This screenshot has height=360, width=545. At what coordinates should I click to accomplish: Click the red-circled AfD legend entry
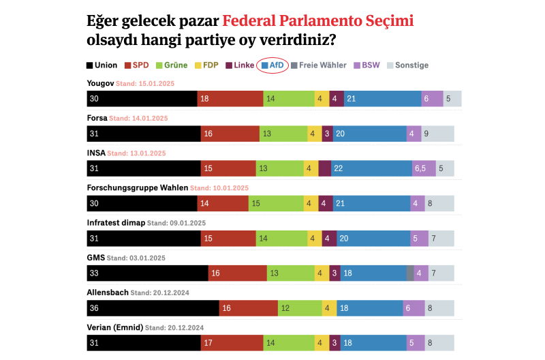(272, 65)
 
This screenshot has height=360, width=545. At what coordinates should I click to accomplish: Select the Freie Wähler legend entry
(318, 65)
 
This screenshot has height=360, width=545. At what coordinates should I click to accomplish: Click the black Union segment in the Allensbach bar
(153, 308)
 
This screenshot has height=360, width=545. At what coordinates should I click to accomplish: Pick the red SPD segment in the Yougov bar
(230, 98)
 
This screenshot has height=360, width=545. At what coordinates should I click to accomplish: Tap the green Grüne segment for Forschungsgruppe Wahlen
(276, 203)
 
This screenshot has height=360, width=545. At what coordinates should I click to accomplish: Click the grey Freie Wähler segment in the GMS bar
(410, 273)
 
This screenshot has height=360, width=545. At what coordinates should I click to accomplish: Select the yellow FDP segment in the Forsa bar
(314, 134)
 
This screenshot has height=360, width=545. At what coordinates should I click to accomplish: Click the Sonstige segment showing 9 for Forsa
(437, 134)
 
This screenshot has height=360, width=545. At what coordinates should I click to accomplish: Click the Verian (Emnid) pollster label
(115, 327)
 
